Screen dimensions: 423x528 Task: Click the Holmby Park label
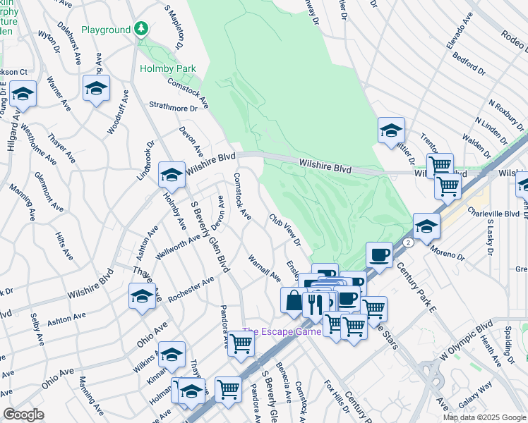pyautogui.click(x=168, y=68)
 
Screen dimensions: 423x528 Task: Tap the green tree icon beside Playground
pyautogui.click(x=143, y=29)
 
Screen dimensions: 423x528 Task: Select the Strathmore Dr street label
pyautogui.click(x=173, y=109)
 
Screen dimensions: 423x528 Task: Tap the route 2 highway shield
pyautogui.click(x=407, y=243)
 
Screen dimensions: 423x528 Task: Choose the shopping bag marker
pyautogui.click(x=293, y=300)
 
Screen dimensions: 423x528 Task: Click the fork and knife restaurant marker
pyautogui.click(x=313, y=304)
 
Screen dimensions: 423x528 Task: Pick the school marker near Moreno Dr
pyautogui.click(x=426, y=226)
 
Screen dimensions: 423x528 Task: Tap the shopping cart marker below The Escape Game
pyautogui.click(x=241, y=345)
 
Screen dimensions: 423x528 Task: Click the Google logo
pyautogui.click(x=23, y=415)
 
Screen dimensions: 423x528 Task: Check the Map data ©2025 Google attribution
pyautogui.click(x=484, y=417)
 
